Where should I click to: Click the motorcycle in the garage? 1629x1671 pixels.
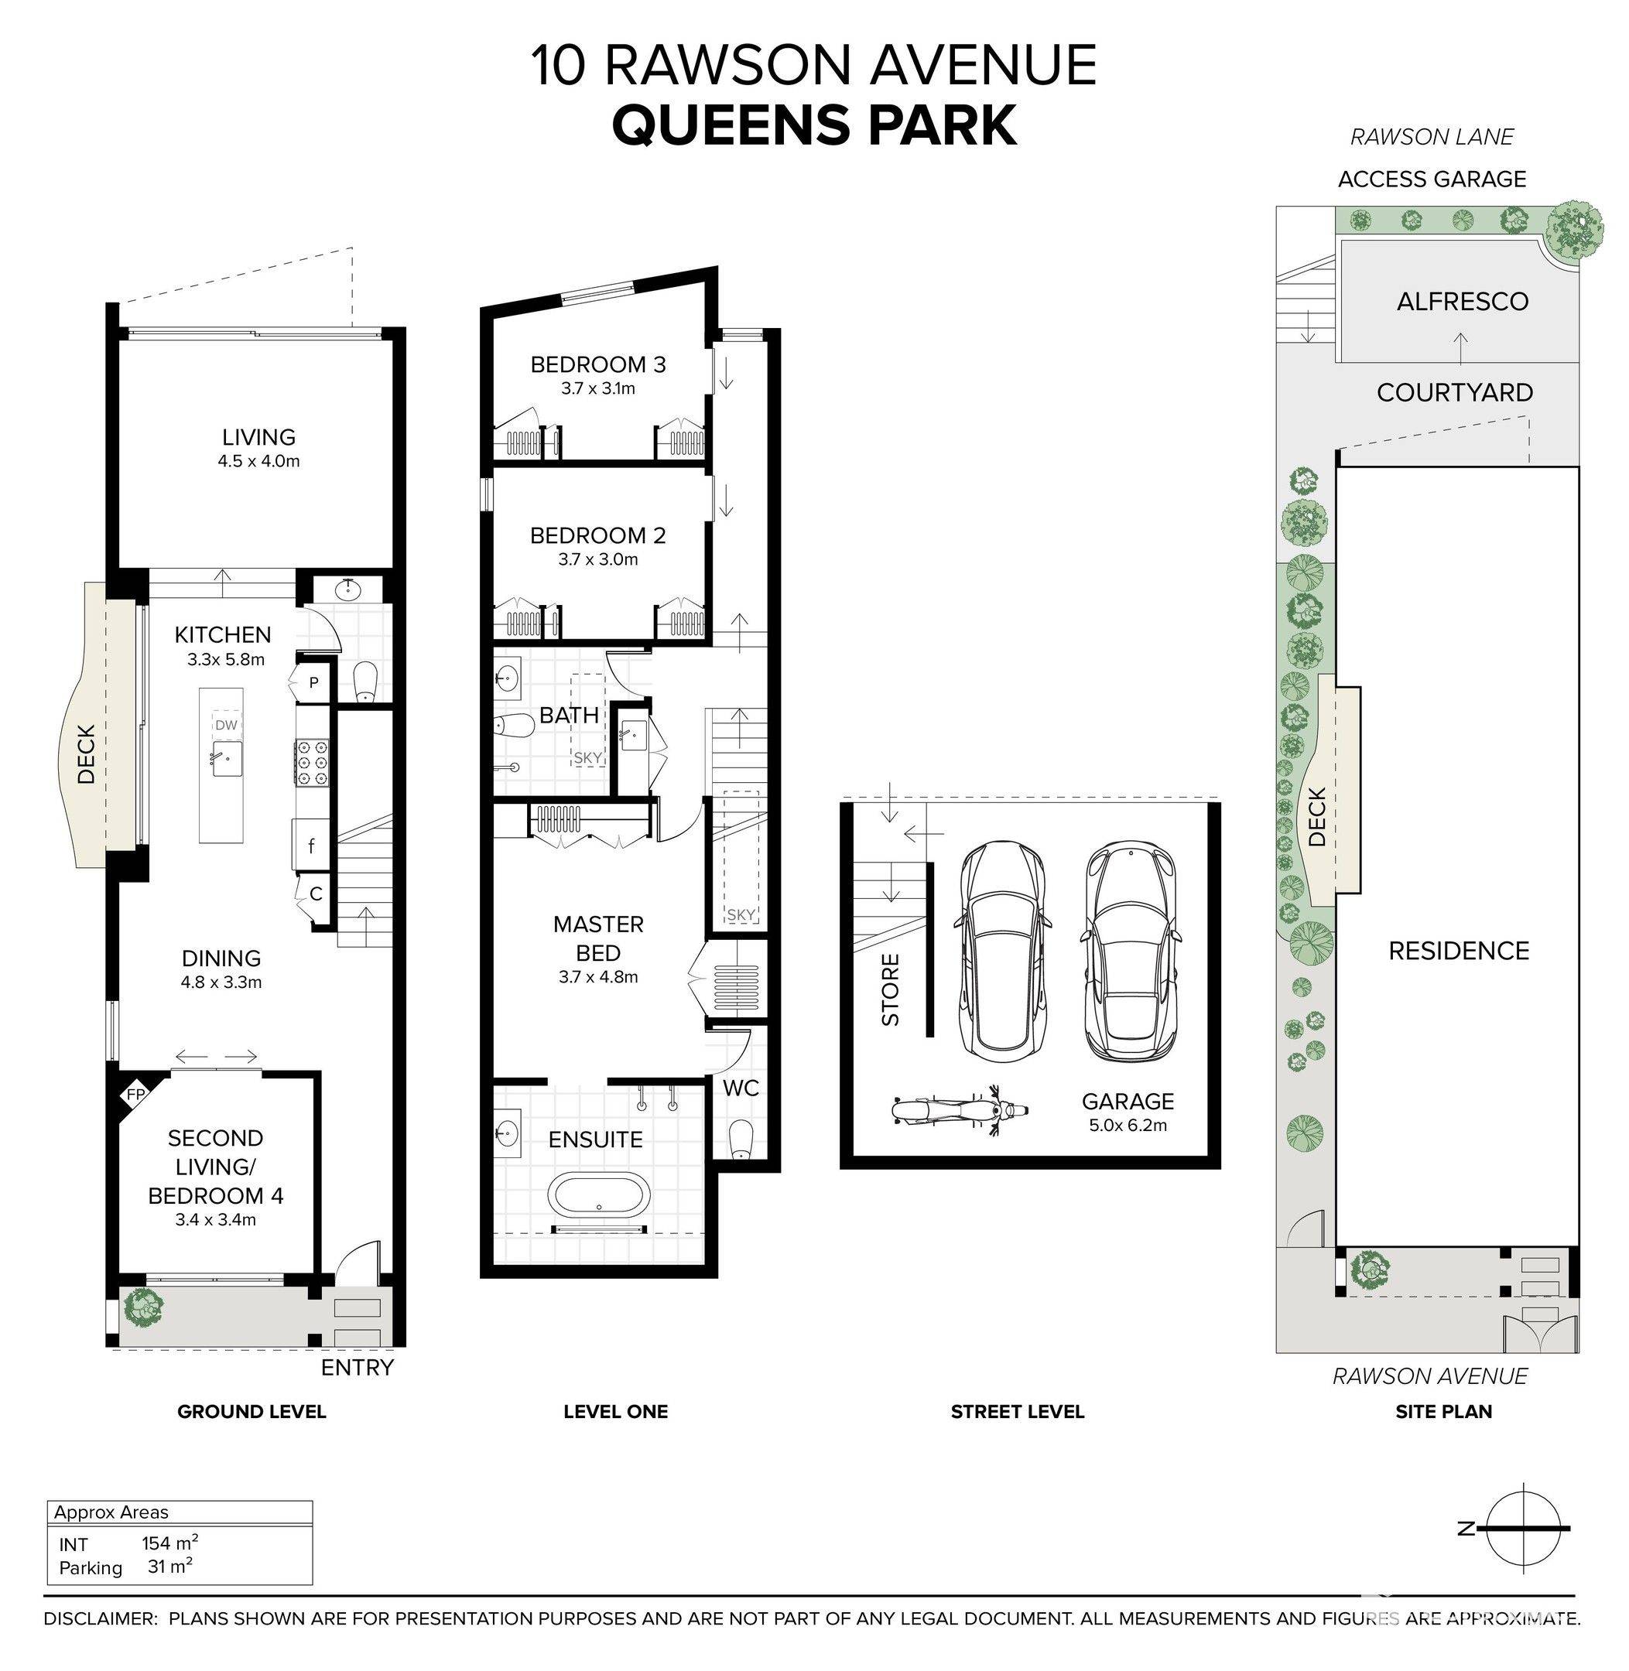[959, 1111]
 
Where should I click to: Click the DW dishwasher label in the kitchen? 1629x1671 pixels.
[226, 725]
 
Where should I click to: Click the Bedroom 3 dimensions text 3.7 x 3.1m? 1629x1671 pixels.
[598, 388]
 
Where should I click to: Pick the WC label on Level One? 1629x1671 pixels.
[741, 1088]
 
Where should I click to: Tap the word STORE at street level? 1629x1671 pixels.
[891, 989]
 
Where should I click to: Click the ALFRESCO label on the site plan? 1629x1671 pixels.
[1462, 301]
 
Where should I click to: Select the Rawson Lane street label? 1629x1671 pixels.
[1432, 137]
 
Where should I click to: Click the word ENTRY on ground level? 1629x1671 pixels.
[357, 1368]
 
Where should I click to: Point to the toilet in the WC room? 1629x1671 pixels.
[740, 1141]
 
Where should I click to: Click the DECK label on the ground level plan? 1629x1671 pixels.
[87, 754]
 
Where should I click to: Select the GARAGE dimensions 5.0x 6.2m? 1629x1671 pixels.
[1128, 1126]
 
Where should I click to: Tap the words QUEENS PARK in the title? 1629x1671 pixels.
[814, 125]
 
